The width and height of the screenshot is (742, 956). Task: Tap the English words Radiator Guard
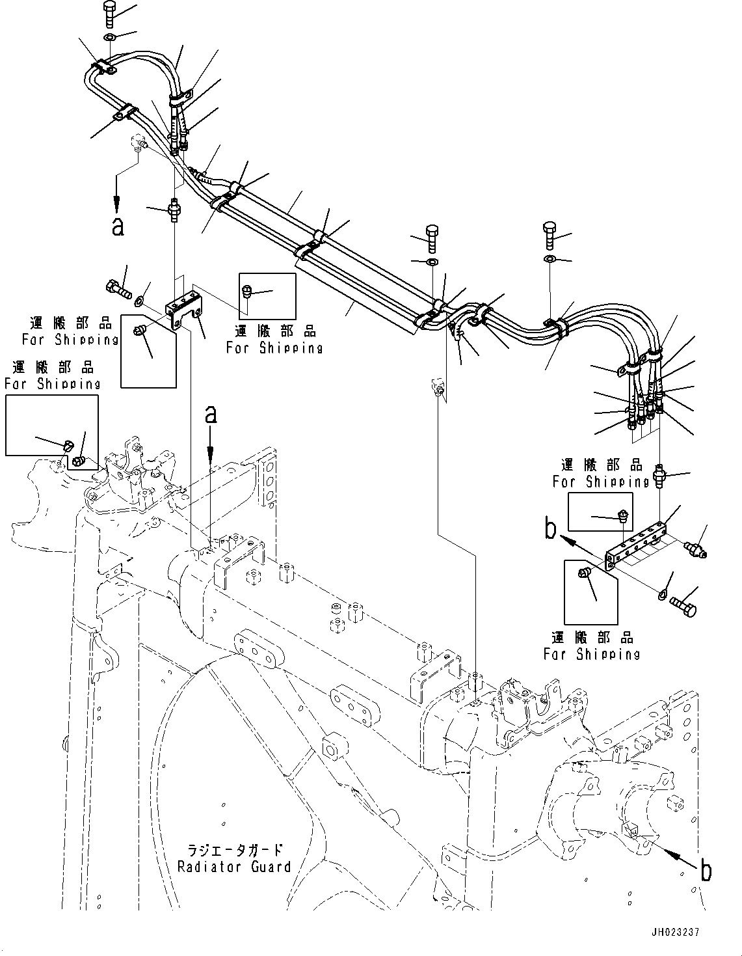point(234,867)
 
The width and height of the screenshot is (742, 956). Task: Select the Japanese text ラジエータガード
point(234,850)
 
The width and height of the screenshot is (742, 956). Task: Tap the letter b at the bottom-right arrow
point(706,870)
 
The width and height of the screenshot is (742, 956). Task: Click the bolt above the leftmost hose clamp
point(109,12)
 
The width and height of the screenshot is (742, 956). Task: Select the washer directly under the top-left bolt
point(110,37)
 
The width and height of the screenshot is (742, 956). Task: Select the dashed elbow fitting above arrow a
point(139,142)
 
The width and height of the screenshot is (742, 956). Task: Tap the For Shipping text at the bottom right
point(592,654)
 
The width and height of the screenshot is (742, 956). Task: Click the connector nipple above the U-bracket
point(174,210)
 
